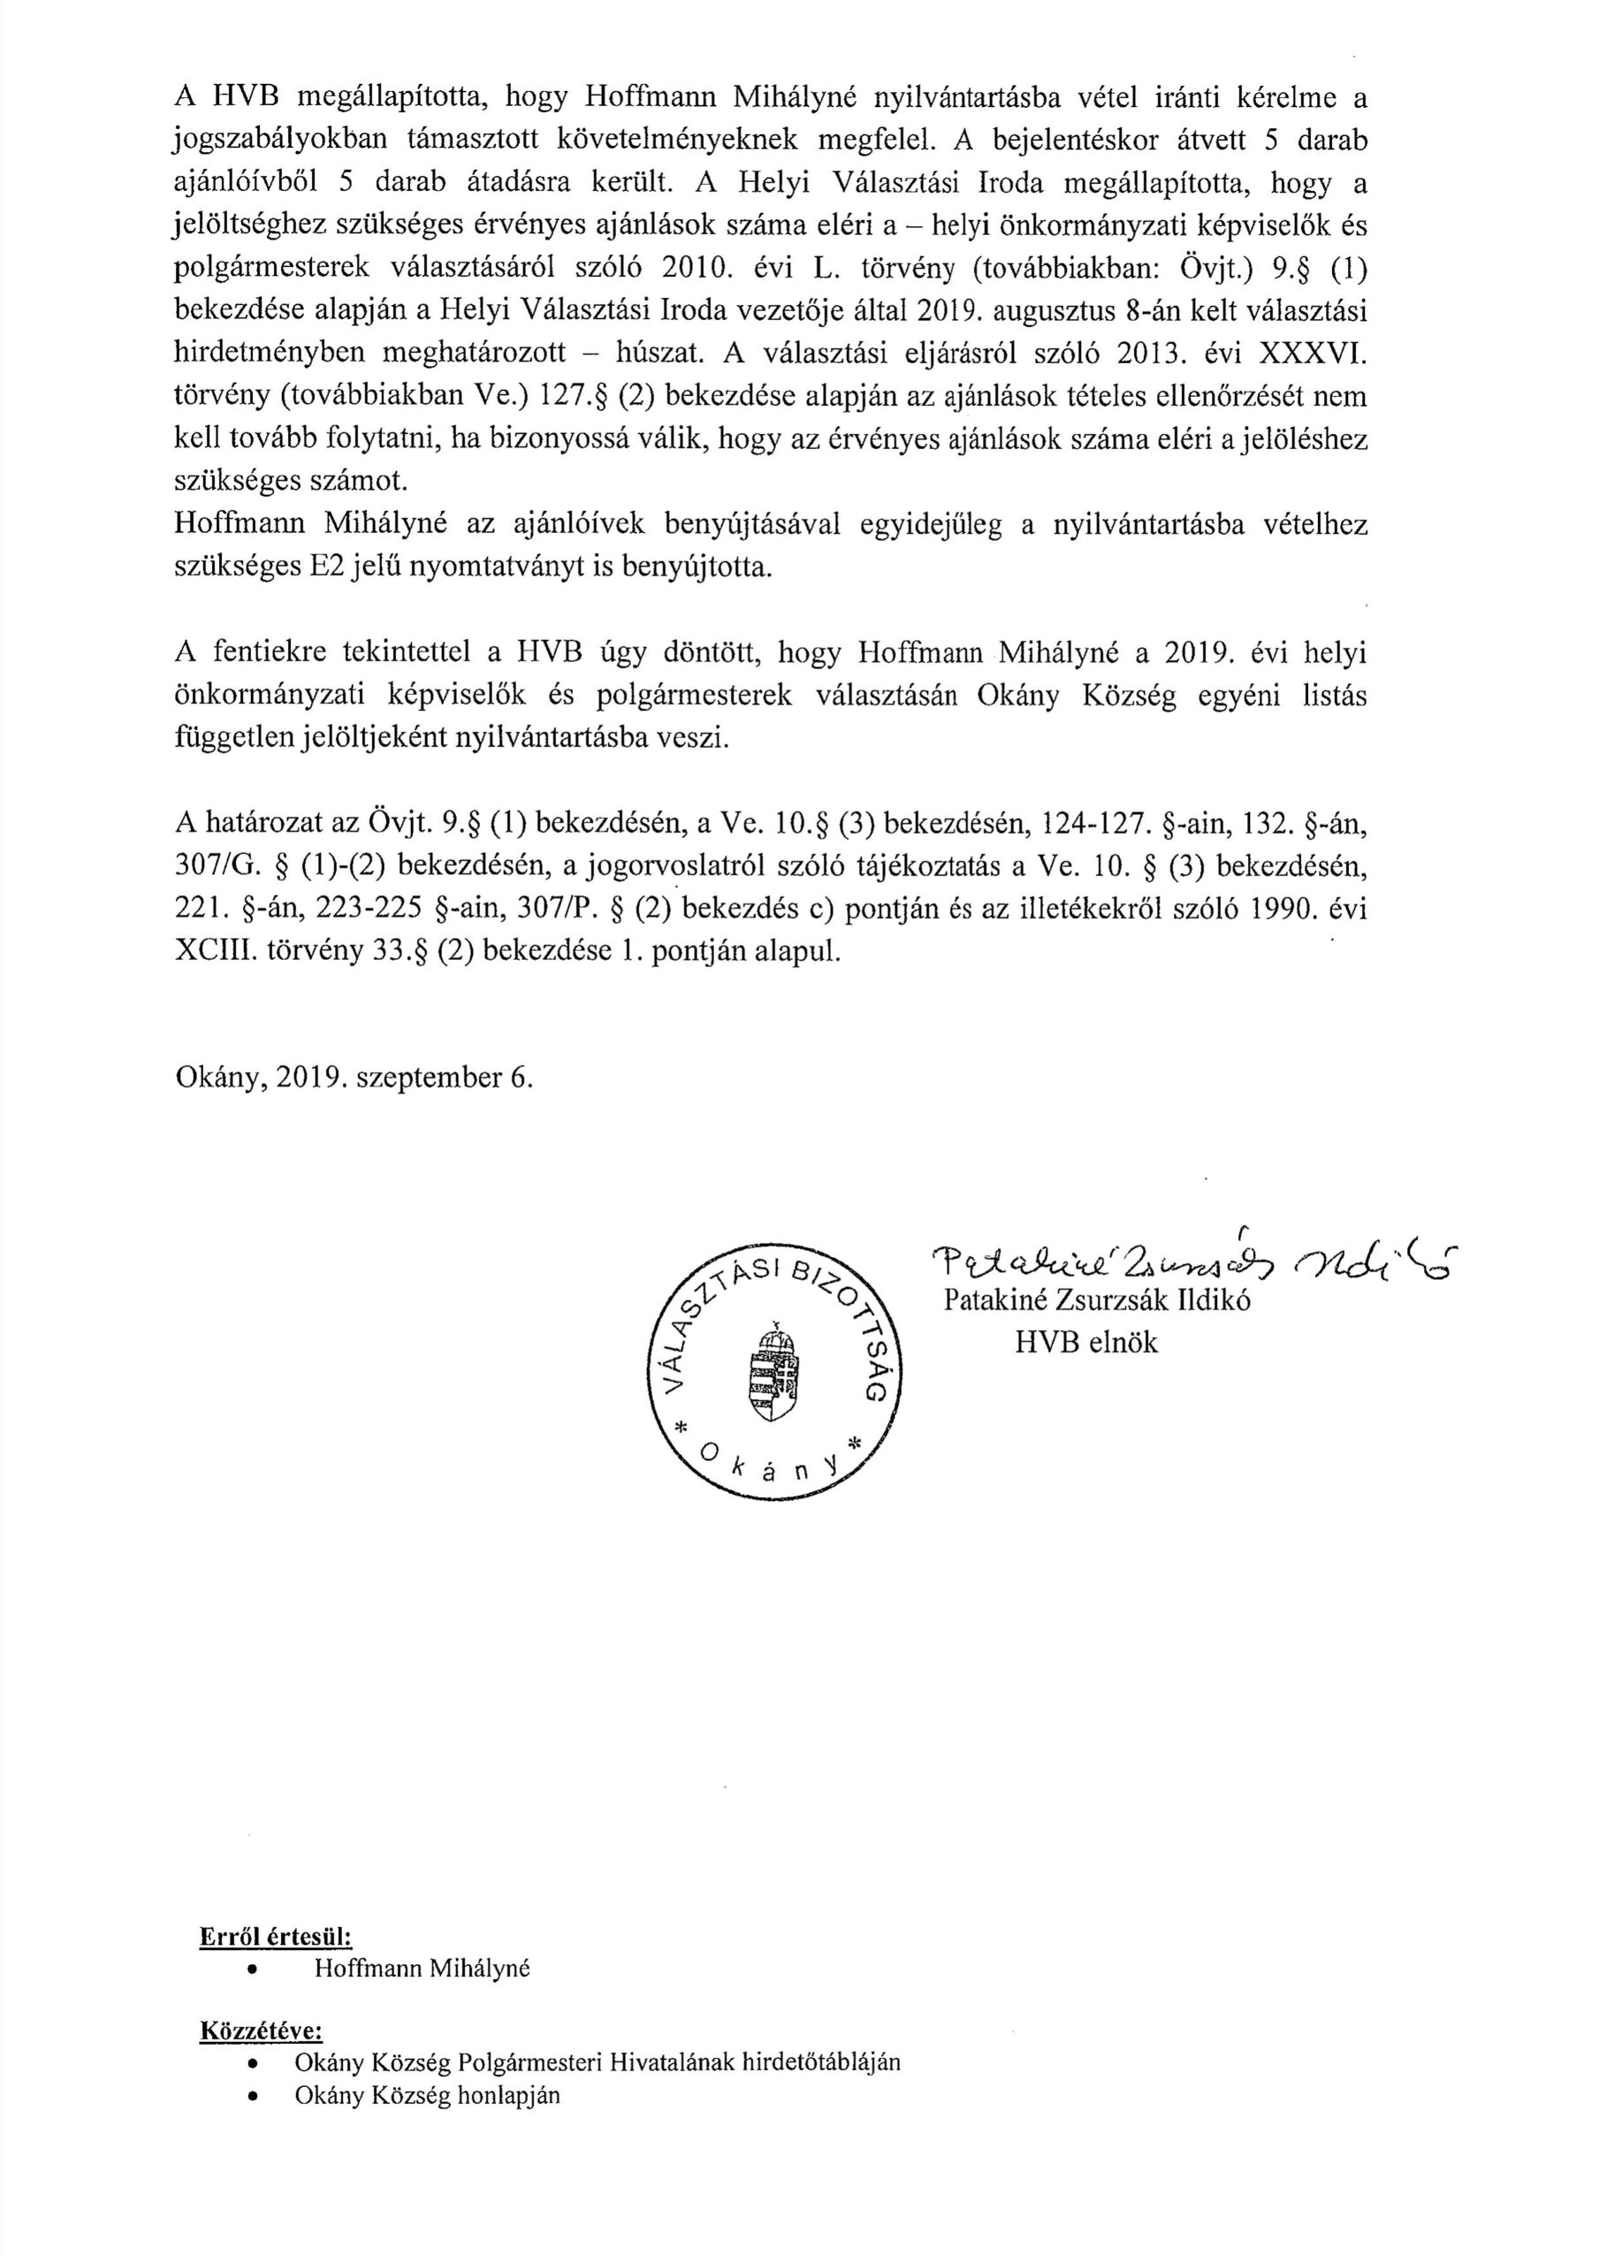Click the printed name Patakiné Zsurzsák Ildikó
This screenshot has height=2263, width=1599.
[1097, 1300]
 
